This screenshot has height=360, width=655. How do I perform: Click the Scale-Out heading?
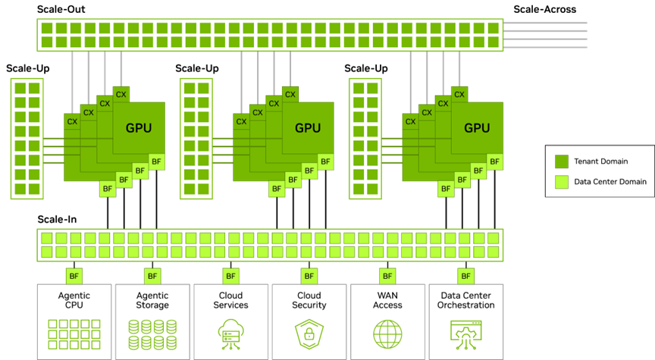(61, 9)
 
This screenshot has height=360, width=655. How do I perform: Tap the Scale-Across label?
(545, 9)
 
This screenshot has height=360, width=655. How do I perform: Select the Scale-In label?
(57, 219)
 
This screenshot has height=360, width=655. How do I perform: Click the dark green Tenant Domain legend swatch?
(562, 161)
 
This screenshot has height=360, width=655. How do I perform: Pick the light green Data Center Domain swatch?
(562, 182)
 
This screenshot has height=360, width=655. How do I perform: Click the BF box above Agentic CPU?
(74, 276)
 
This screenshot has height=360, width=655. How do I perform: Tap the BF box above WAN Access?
(387, 276)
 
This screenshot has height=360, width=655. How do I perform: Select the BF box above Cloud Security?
(309, 276)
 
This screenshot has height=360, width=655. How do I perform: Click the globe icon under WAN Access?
(387, 334)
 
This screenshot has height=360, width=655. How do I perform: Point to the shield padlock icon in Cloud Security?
(309, 334)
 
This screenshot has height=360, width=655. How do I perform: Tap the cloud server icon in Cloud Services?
(230, 334)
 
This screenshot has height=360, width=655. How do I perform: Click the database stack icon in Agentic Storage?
(152, 334)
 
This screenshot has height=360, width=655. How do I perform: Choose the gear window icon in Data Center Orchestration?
(465, 334)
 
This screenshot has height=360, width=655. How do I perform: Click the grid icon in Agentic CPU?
(74, 334)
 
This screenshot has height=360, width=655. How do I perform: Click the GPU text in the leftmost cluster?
(139, 128)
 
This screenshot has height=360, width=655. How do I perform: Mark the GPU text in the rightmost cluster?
(477, 128)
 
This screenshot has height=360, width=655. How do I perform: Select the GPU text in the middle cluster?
(308, 128)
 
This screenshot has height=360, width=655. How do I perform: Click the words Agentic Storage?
(152, 300)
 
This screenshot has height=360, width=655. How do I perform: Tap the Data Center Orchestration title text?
(465, 300)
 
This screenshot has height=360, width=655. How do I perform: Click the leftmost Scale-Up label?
(27, 68)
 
